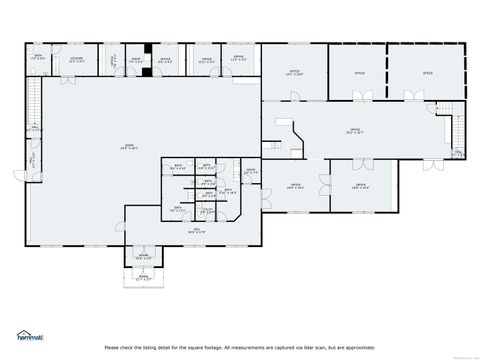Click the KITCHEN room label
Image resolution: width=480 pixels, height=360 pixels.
(75, 59)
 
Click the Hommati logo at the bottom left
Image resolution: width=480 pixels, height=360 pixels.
(30, 335)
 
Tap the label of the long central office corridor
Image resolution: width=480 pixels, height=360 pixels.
(355, 130)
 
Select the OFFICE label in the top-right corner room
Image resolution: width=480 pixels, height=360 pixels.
(427, 73)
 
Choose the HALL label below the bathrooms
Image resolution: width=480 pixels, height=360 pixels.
(197, 230)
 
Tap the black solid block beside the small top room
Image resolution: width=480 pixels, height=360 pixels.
(147, 59)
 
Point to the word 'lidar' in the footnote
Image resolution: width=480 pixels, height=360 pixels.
(314, 347)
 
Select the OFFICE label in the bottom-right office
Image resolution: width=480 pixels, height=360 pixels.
(361, 186)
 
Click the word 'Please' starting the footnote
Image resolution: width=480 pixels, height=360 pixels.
(112, 347)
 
